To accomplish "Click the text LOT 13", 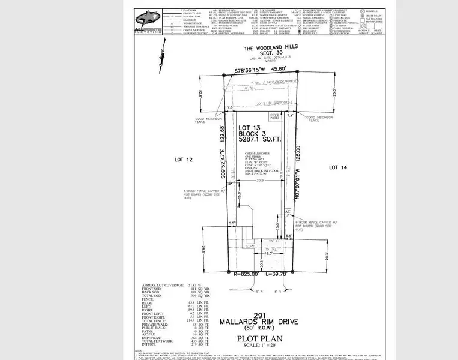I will click(249, 128).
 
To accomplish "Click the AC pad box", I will click(288, 212).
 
